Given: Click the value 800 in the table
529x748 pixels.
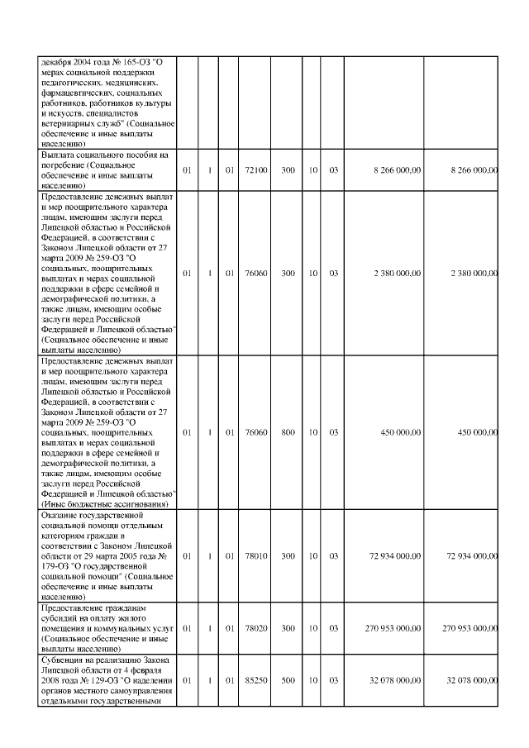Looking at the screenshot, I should pos(288,431).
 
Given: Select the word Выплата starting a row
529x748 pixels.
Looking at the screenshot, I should pos(59,155).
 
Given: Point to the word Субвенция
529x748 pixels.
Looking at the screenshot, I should pos(63,660).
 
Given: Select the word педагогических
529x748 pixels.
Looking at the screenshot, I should pos(69,83).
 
